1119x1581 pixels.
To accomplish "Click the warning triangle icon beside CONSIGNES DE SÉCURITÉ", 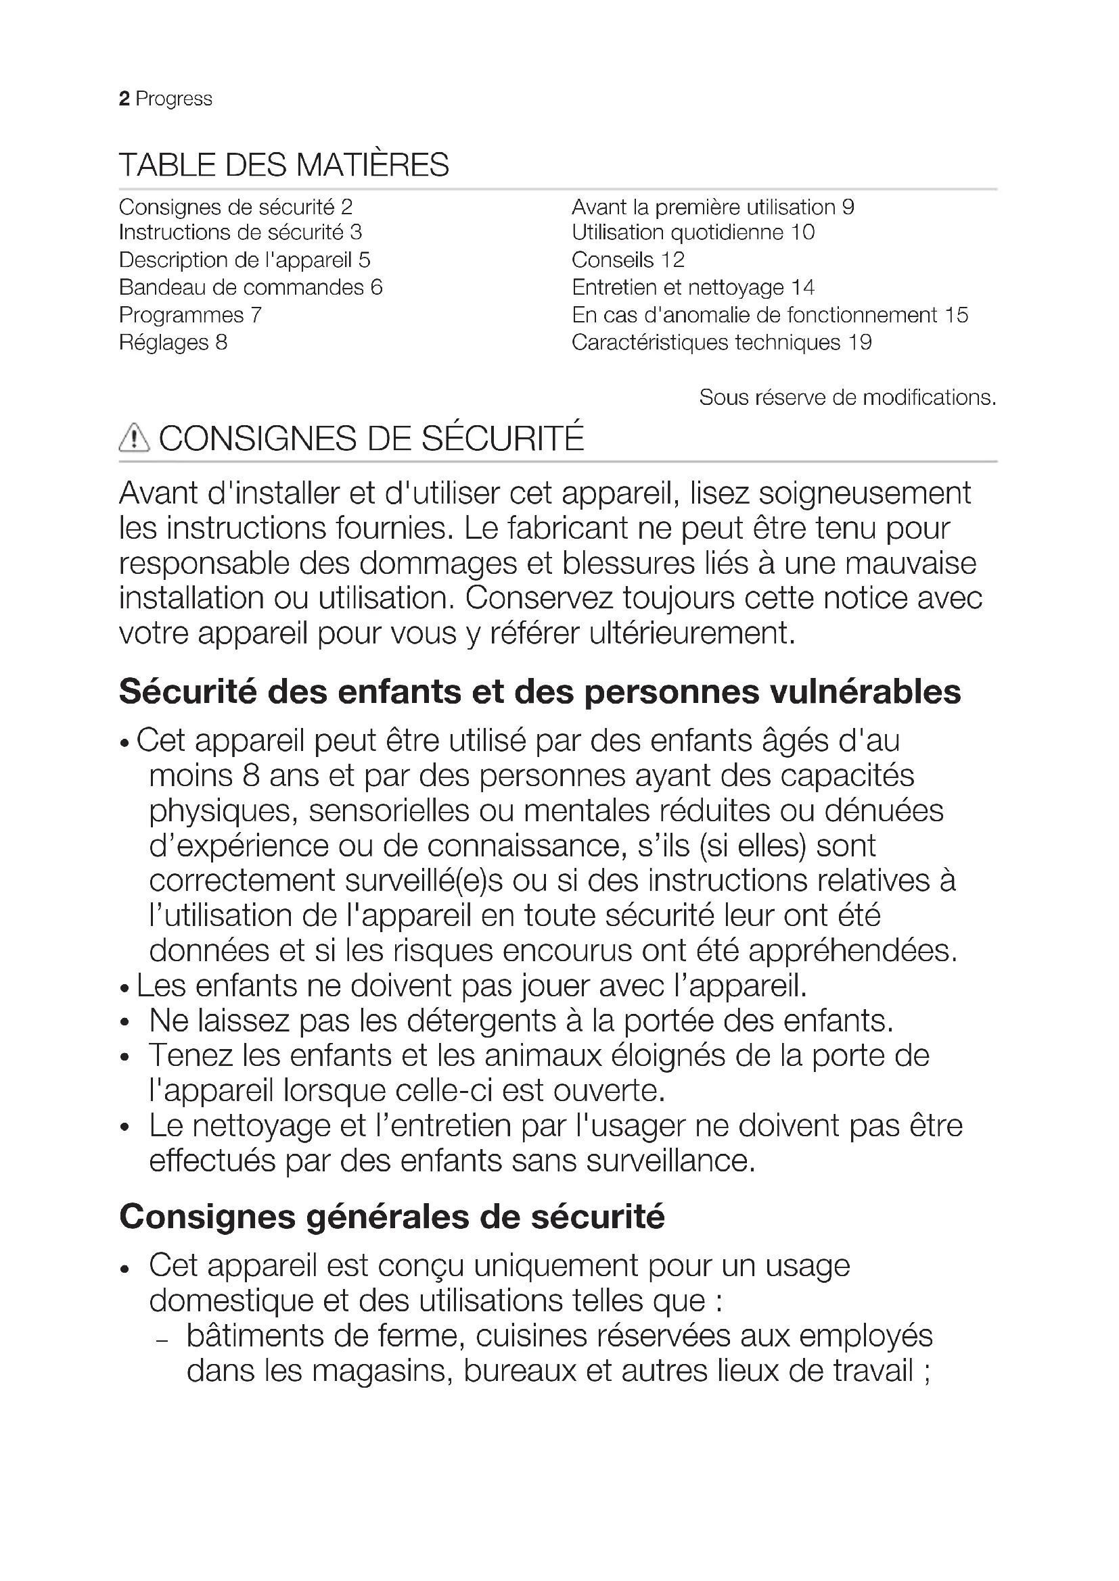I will [x=135, y=438].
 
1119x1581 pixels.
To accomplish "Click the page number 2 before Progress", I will [x=124, y=99].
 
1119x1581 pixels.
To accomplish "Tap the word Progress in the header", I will [x=174, y=99].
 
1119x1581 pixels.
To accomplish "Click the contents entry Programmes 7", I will [x=190, y=316].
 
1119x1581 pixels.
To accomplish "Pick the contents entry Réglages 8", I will [x=173, y=342].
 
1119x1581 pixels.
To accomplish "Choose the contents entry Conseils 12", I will [x=628, y=260].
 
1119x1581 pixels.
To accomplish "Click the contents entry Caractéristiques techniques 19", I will [x=721, y=342].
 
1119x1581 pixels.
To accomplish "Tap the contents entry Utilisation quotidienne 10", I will [x=693, y=233].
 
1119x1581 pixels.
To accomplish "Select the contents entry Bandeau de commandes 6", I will [x=251, y=287].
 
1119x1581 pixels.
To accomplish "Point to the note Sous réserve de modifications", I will [x=848, y=397].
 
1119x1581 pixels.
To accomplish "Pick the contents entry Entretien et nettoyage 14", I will [x=693, y=287].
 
